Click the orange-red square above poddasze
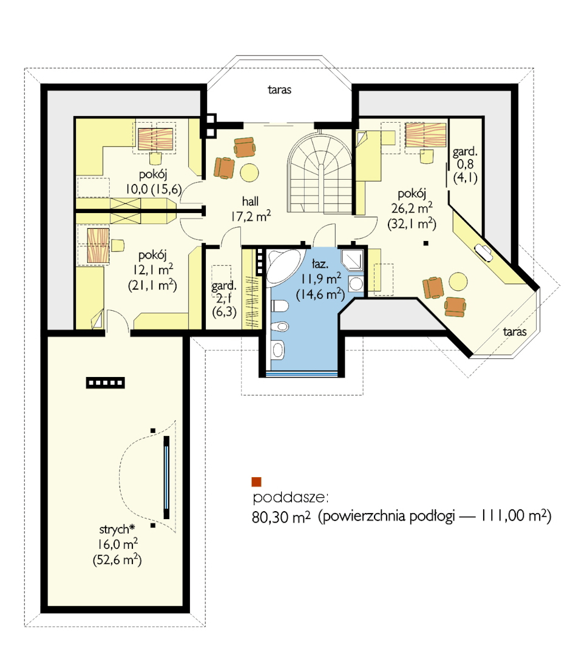(257, 482)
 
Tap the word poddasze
(290, 498)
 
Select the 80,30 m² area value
(281, 517)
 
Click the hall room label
(250, 202)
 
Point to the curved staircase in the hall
(319, 172)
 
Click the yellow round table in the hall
(249, 172)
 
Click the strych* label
(117, 529)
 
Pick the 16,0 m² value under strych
(118, 544)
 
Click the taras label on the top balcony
(279, 90)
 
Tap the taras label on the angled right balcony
(515, 331)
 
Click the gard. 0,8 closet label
(465, 158)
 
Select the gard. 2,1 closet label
(224, 292)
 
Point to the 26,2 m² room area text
(412, 208)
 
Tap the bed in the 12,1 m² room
(98, 246)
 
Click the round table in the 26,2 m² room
(458, 282)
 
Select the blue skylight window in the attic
(166, 477)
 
